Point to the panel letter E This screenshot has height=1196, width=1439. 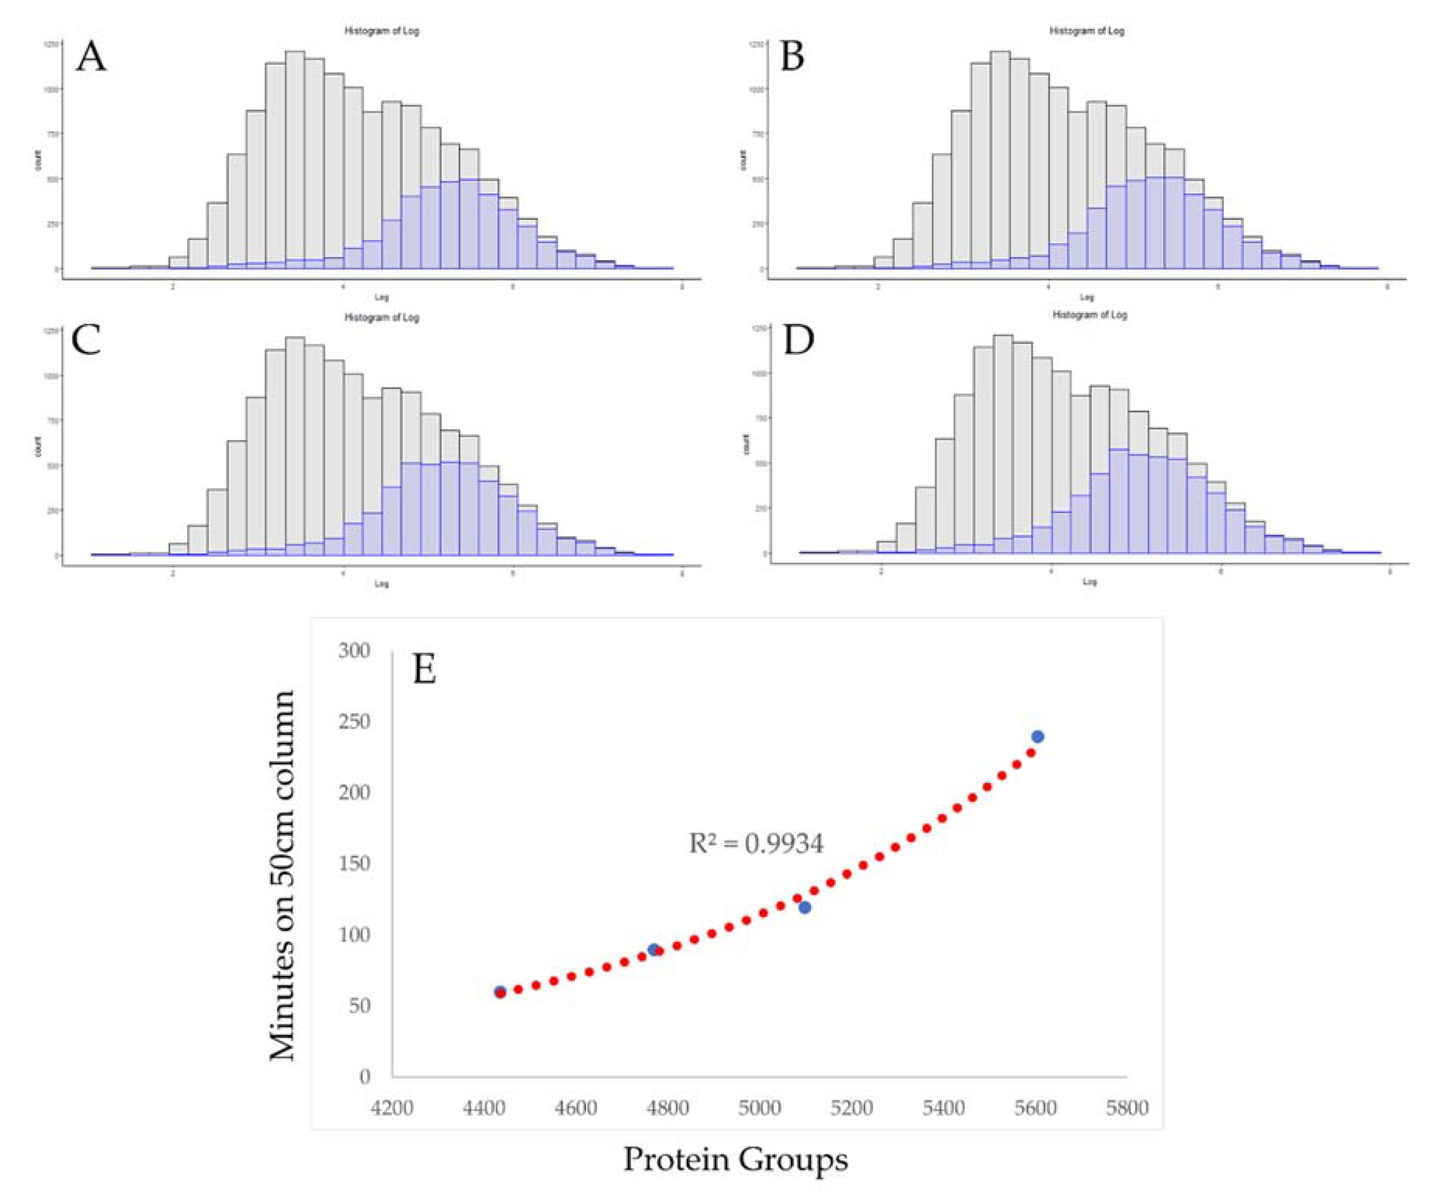click(424, 669)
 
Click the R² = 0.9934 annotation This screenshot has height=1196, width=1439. click(756, 843)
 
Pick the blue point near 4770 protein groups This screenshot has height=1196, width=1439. click(654, 949)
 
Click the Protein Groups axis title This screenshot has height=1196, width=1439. click(735, 1159)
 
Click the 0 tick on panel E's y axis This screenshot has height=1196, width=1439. click(365, 1076)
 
